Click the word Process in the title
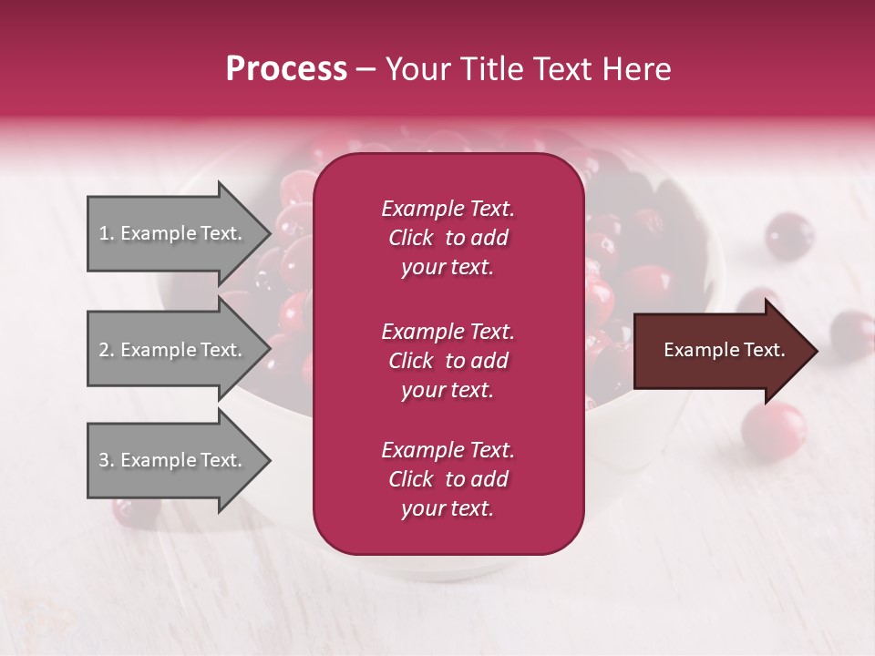click(x=286, y=69)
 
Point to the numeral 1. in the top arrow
click(x=107, y=233)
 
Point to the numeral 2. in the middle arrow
click(x=107, y=350)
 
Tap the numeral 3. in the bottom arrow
click(x=107, y=460)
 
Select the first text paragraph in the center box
click(x=448, y=238)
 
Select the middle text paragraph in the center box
click(x=448, y=361)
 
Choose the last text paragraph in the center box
click(x=448, y=479)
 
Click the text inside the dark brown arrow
click(x=724, y=350)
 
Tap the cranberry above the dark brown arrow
click(x=787, y=236)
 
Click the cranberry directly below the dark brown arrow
click(x=773, y=427)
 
